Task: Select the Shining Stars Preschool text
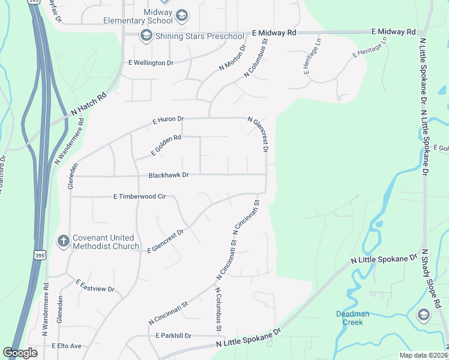(200, 37)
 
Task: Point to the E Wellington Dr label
(151, 62)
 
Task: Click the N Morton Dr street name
(233, 59)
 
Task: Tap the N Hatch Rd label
(88, 104)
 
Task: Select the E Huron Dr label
(168, 120)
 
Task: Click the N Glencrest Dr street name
(259, 134)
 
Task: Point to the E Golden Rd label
(166, 145)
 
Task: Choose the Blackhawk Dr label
(169, 175)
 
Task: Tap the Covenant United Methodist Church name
(106, 242)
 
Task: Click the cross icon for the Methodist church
(62, 241)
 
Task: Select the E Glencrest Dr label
(165, 241)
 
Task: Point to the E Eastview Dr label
(95, 286)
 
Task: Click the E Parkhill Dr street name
(173, 335)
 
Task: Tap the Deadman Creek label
(353, 318)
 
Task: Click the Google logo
(20, 352)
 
